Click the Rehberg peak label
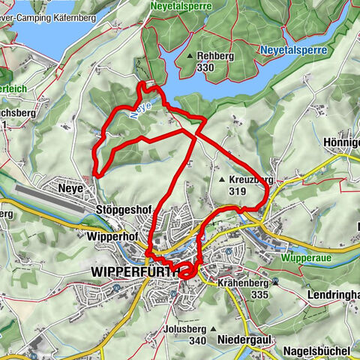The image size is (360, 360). [218, 55]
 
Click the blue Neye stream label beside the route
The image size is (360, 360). [145, 109]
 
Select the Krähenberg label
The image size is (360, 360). [242, 284]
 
